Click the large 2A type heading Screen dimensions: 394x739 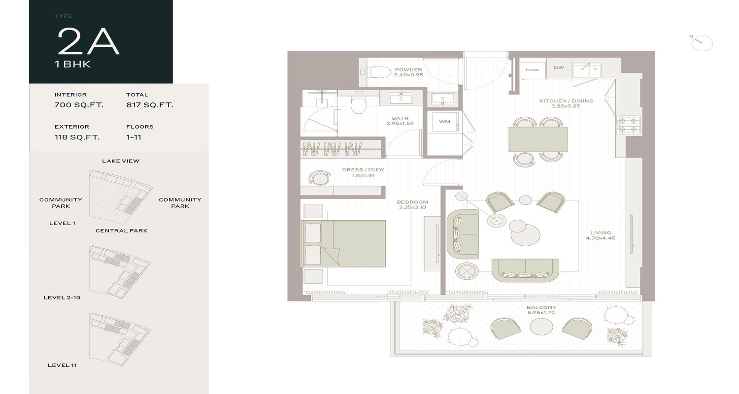(89, 41)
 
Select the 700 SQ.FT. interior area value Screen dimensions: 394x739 (79, 105)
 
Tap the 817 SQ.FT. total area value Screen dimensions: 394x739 (149, 105)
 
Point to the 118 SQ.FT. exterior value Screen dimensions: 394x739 (77, 137)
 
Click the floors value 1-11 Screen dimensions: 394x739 (134, 137)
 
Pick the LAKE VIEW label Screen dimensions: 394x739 (121, 161)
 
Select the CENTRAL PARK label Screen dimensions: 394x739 (121, 230)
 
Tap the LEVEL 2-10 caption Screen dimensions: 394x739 (62, 297)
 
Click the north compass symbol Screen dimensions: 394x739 (702, 43)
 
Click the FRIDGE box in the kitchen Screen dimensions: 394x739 (532, 70)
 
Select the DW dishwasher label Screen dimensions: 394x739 (559, 68)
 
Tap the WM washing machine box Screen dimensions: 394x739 (444, 122)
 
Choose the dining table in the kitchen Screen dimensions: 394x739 (537, 139)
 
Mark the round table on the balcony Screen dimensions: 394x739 (540, 327)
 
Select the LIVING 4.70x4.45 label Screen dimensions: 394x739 (601, 235)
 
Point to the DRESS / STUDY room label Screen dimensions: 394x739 (363, 172)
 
